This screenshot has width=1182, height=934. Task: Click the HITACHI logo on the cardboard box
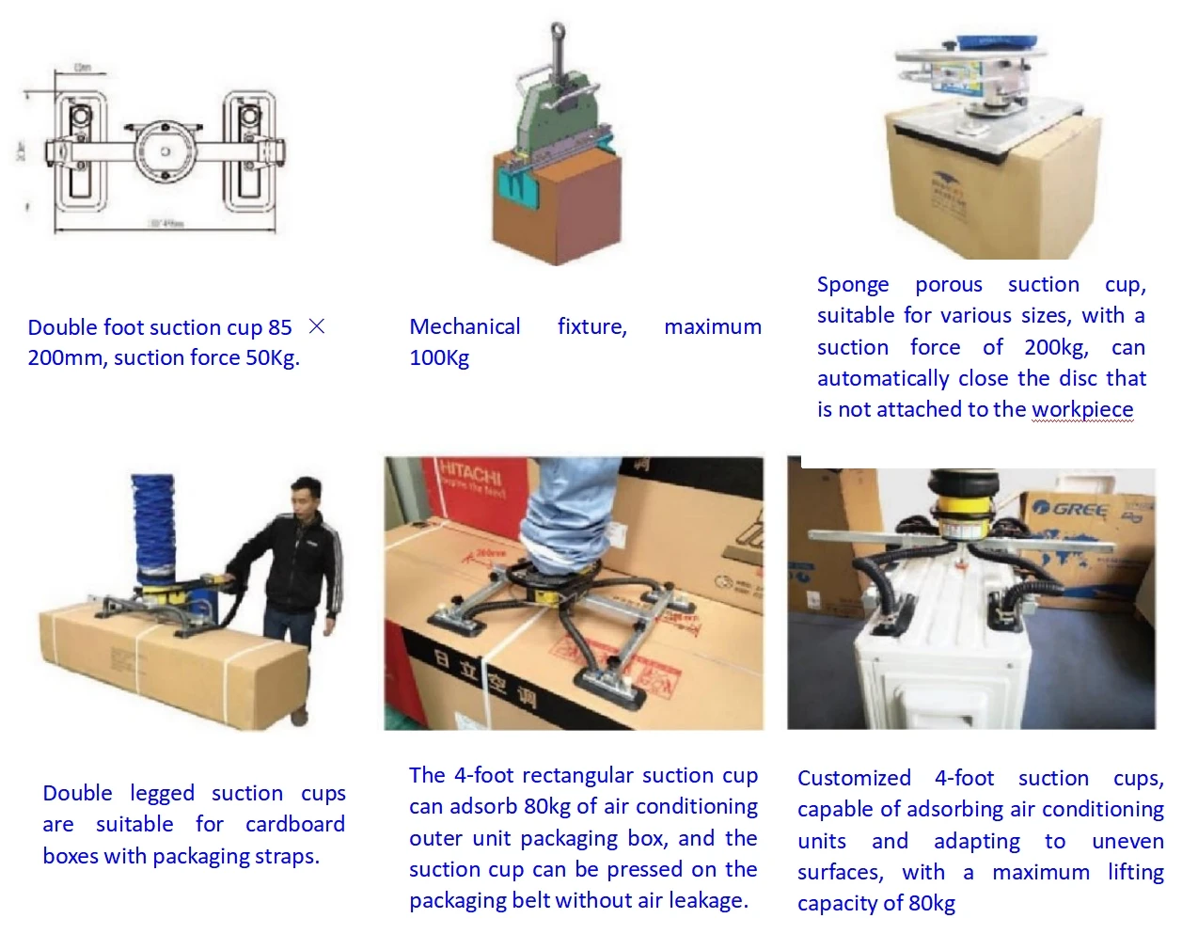[470, 473]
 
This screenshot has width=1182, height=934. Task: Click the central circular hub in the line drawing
[165, 151]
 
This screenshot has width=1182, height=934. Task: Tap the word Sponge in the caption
[852, 284]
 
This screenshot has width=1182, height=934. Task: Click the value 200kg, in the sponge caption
[1056, 347]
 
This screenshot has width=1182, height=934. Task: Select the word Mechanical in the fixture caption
[465, 326]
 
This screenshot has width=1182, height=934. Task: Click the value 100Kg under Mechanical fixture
[439, 357]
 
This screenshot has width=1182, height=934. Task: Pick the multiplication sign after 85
[317, 326]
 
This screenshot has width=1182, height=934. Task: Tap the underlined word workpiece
[1081, 409]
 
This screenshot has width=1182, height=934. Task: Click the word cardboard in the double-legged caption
[294, 824]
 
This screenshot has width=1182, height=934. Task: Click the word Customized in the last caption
[854, 778]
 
